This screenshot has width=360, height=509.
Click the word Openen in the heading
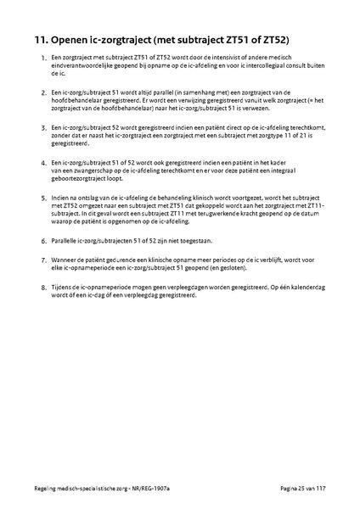72,40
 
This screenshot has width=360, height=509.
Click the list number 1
43,57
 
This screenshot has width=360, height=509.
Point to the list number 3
43,126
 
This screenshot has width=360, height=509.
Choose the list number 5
43,197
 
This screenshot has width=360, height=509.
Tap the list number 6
43,242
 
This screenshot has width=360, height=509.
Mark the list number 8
43,288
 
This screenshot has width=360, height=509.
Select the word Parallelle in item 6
67,242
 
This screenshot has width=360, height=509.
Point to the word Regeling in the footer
39,491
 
